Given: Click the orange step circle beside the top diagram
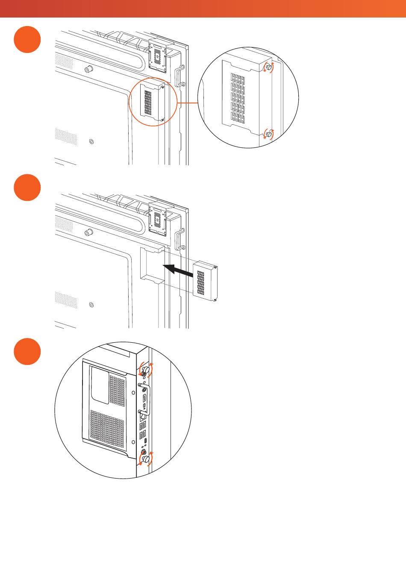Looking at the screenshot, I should point(27,40).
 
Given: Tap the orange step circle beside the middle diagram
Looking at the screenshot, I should point(27,187).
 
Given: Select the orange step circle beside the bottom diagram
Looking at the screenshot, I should point(27,352).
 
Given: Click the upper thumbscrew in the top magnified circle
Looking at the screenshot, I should point(268,67).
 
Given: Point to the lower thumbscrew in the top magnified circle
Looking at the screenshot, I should point(268,135).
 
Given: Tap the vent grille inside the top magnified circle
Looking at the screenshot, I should point(238,97).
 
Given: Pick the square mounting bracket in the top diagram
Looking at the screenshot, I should point(158,55).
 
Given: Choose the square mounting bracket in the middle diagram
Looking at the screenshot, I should point(158,218).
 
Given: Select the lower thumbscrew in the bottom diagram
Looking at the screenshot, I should point(146,459).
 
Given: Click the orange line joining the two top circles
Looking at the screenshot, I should point(188,103).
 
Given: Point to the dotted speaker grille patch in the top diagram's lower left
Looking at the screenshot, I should point(66,137).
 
